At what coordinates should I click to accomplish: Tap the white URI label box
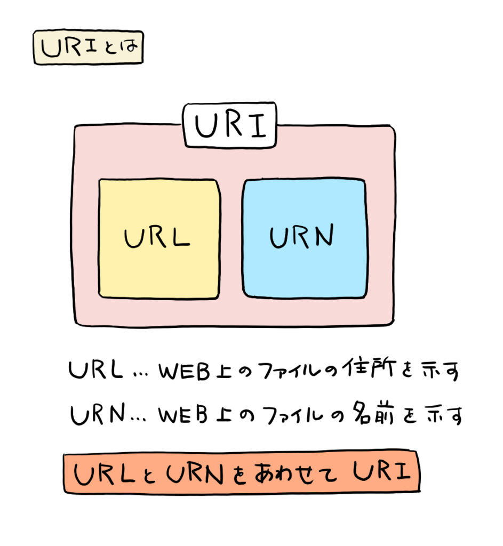230,126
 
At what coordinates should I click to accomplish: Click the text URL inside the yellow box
157,238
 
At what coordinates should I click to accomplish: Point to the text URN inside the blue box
302,237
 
